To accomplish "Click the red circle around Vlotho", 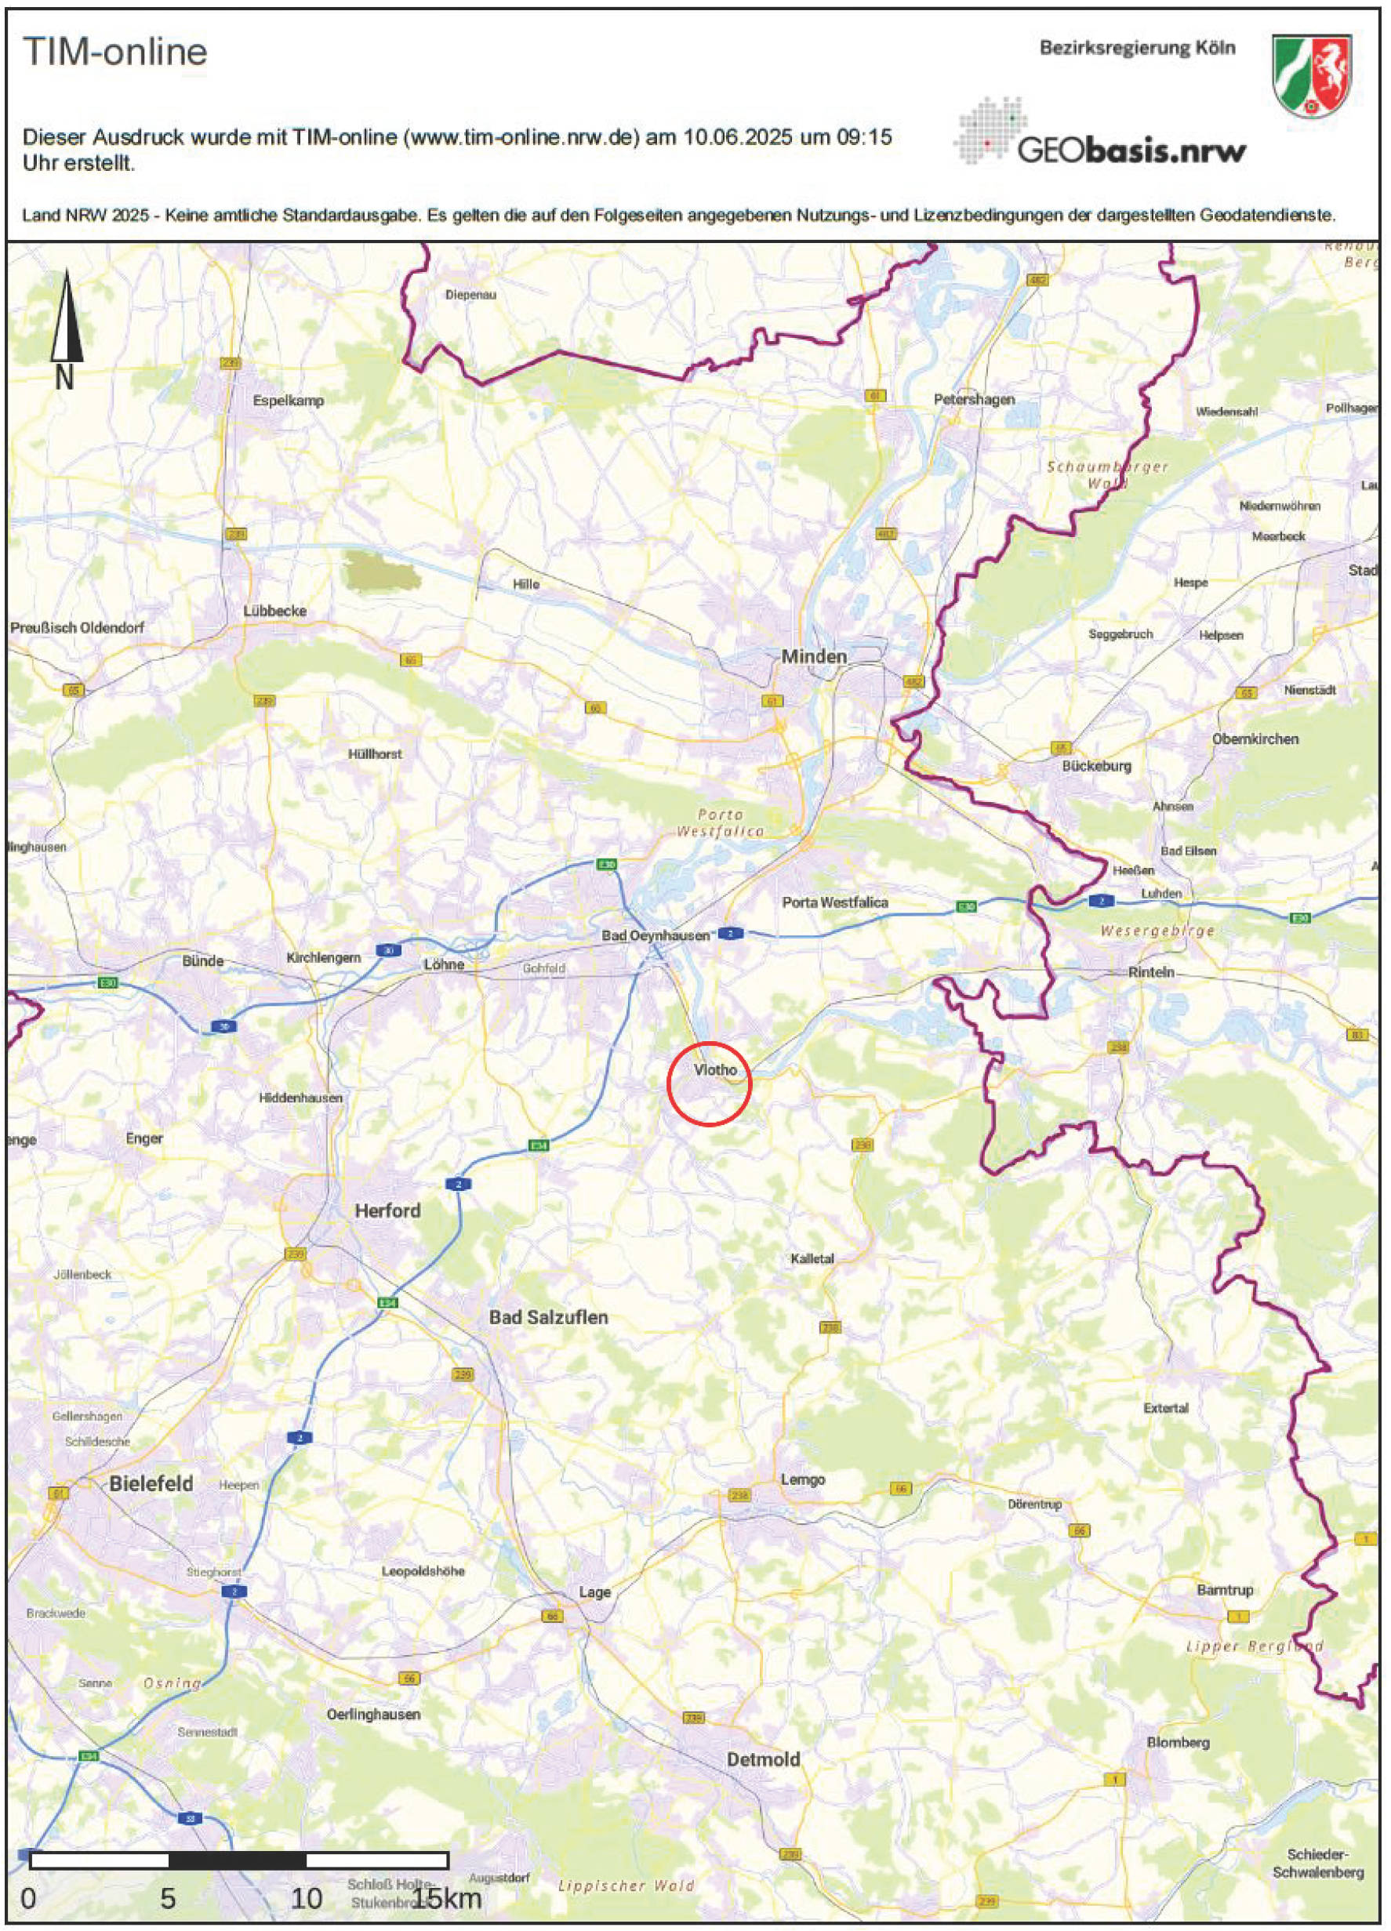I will pos(709,1083).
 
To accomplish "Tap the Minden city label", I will pos(814,655).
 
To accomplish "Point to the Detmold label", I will pos(763,1759).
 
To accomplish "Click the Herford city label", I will pos(387,1210).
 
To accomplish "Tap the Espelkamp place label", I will pos(288,400).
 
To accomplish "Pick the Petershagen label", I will pos(974,399).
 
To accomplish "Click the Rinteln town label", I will pos(1151,972).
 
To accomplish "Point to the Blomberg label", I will pos(1177,1743).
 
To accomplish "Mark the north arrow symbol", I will pos(66,328).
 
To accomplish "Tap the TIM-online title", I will pos(115,52).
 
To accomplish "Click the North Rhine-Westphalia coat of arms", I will pos(1311,76).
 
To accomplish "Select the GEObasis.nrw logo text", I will pos(1131,151).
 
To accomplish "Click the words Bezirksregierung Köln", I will pos(1136,48).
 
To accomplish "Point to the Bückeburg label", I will pos(1096,765).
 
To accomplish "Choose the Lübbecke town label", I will pos(274,612).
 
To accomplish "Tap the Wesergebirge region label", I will pos(1157,931).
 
